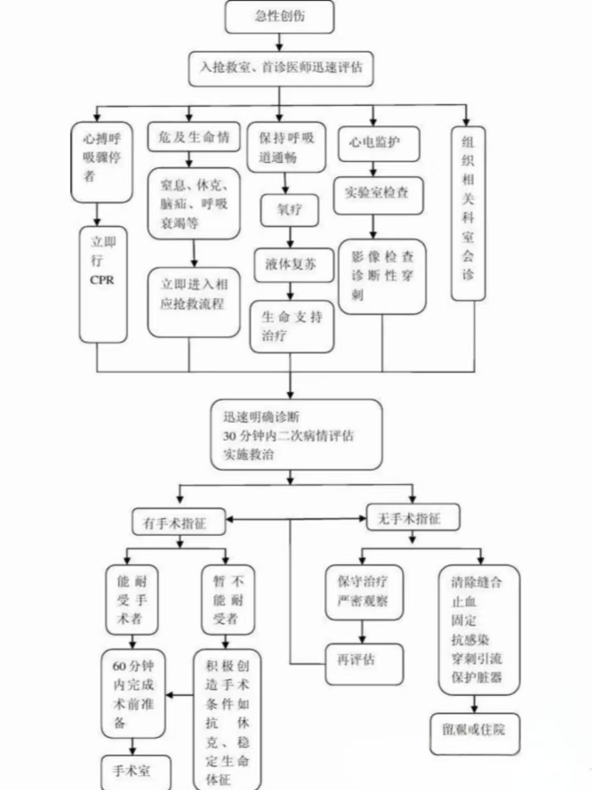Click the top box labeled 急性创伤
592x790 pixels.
click(279, 17)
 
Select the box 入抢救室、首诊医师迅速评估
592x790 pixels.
click(281, 68)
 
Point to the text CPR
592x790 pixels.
click(102, 280)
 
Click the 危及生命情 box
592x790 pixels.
click(194, 137)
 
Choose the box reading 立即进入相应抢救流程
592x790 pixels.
click(194, 302)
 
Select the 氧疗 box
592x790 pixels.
click(289, 210)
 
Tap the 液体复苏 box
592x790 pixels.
click(290, 265)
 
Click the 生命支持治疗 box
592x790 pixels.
click(292, 326)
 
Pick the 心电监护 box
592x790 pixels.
click(379, 143)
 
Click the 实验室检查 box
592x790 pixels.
click(378, 194)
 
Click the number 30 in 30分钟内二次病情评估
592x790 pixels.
click(229, 436)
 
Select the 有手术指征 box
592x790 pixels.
click(178, 522)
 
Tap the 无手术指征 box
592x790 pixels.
click(413, 518)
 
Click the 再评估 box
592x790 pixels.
click(363, 664)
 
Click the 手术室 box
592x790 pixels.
click(135, 771)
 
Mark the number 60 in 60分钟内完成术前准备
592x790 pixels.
click(119, 666)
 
